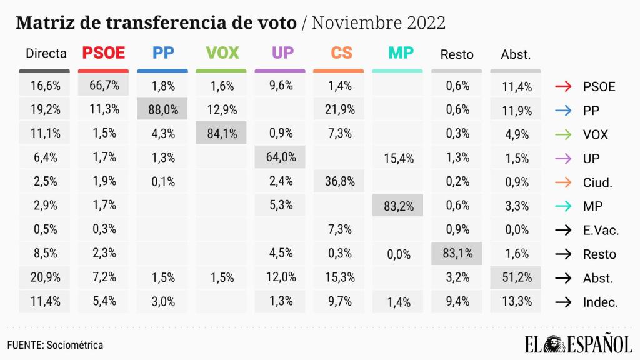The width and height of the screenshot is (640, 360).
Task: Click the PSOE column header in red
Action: tap(104, 53)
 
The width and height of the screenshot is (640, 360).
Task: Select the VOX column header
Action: tap(222, 53)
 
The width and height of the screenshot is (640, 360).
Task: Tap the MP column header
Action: tap(401, 53)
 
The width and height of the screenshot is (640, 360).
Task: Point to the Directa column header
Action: tap(46, 54)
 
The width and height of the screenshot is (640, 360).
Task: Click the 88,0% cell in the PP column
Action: tap(162, 110)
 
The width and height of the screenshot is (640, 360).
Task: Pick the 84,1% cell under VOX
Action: tap(221, 133)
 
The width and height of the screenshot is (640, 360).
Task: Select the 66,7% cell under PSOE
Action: tap(104, 86)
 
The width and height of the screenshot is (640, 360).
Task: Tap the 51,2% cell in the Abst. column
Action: tap(516, 278)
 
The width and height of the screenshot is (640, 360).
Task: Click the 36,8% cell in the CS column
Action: tap(341, 181)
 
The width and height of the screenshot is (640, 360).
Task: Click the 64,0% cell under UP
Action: tap(281, 157)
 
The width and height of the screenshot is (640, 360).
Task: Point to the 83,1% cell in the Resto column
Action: tap(457, 254)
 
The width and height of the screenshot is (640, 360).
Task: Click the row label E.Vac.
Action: tap(600, 230)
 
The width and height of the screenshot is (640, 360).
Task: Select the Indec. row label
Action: tap(600, 302)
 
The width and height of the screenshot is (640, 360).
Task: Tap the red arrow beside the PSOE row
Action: tap(563, 86)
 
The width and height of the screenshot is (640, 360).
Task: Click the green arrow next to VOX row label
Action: tap(563, 134)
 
